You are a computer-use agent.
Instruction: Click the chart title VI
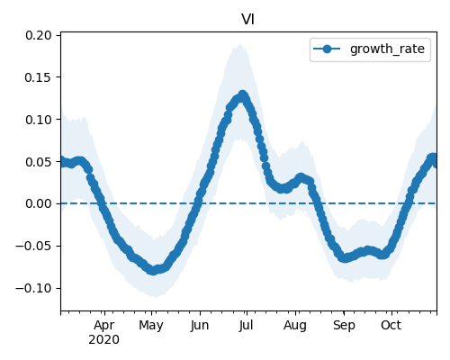247,20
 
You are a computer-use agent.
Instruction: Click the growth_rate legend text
387,49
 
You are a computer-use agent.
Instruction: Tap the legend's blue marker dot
327,49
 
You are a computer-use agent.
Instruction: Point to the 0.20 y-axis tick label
39,35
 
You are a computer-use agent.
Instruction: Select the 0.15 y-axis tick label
39,77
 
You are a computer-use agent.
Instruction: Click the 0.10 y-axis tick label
39,120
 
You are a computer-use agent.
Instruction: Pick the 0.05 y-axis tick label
39,162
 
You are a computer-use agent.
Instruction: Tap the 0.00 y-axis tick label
39,203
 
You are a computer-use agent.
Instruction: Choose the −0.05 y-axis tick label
34,246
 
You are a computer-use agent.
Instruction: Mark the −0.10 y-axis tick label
34,288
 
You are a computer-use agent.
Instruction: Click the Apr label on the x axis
103,326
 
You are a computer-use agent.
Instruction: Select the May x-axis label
151,326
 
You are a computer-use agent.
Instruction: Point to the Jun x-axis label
200,325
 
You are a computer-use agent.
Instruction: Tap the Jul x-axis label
246,325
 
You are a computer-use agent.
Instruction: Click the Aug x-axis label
295,326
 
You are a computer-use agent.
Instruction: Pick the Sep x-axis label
344,326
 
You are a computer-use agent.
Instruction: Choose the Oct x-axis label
391,325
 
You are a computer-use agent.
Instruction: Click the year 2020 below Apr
103,340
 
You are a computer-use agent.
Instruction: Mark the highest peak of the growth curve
242,95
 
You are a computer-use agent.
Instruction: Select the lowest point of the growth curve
153,270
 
